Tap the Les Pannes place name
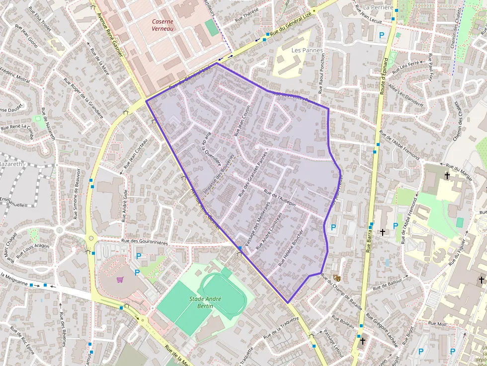[307, 50]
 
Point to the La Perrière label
[378, 7]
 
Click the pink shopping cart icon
[120, 279]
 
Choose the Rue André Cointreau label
[269, 231]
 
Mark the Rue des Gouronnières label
[145, 242]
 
